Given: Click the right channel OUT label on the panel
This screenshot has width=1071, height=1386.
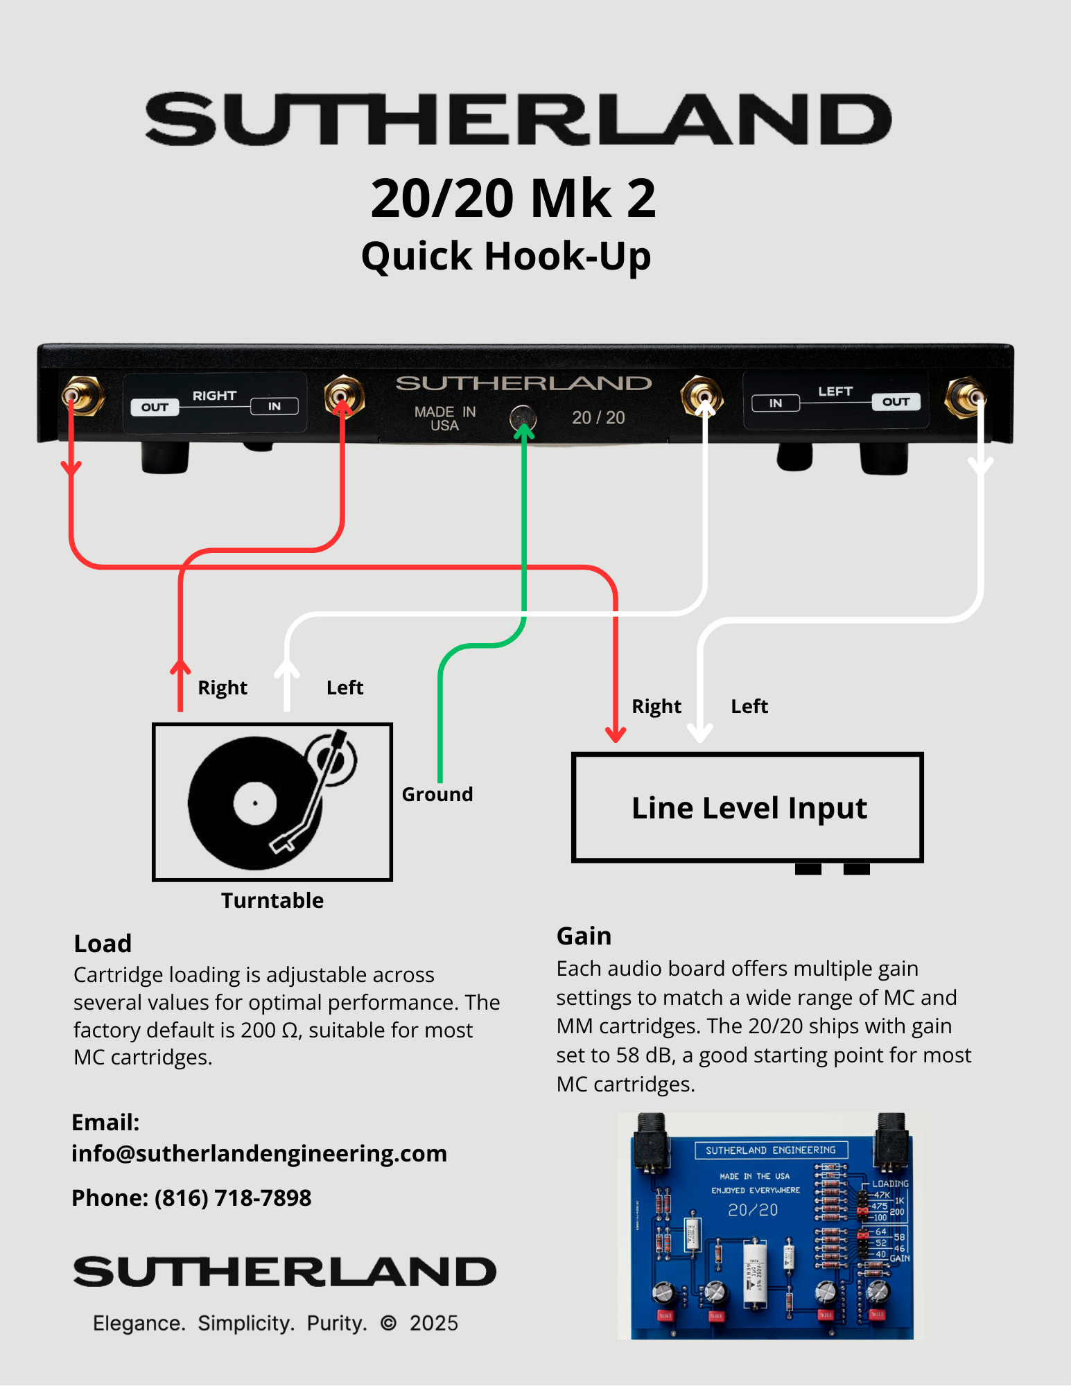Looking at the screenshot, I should pyautogui.click(x=155, y=407).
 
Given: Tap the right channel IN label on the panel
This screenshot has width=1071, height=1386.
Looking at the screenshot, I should pyautogui.click(x=275, y=406).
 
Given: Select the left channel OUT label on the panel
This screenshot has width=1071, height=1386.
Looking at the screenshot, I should pyautogui.click(x=896, y=402).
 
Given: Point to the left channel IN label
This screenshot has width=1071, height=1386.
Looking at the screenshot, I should pyautogui.click(x=776, y=403).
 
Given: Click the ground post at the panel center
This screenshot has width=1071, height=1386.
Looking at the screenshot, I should pyautogui.click(x=523, y=418).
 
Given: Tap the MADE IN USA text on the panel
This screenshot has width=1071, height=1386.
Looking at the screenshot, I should pyautogui.click(x=445, y=419).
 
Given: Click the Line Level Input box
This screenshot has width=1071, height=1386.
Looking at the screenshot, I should pyautogui.click(x=748, y=808).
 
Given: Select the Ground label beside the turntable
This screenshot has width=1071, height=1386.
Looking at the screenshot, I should pyautogui.click(x=437, y=794).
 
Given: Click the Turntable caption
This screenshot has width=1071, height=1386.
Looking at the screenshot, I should pyautogui.click(x=272, y=900).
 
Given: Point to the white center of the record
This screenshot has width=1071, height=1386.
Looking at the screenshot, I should pyautogui.click(x=255, y=804).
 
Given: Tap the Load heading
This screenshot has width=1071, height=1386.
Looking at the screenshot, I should pyautogui.click(x=103, y=944).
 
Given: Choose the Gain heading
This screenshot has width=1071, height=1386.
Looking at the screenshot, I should pyautogui.click(x=584, y=936).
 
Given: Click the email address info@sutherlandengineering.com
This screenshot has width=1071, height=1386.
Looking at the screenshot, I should pyautogui.click(x=259, y=1154).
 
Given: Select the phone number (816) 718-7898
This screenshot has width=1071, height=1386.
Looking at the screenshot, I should pyautogui.click(x=233, y=1198).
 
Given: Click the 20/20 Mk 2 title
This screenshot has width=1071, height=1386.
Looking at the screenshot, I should pyautogui.click(x=513, y=198).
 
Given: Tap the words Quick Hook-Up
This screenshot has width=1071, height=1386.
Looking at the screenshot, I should pyautogui.click(x=506, y=256).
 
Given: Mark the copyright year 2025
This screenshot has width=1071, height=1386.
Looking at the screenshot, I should pyautogui.click(x=433, y=1324).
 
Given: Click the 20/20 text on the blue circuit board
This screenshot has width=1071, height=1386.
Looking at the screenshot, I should pyautogui.click(x=753, y=1210).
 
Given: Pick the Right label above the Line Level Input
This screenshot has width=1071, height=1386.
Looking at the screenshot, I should pyautogui.click(x=656, y=706).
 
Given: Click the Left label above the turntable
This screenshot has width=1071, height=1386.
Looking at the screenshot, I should pyautogui.click(x=345, y=687).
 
